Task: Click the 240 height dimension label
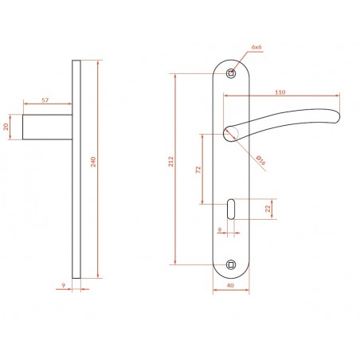pos(93,162)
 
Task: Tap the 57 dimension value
pos(45,100)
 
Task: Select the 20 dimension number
pos(6,127)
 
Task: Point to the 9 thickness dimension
pos(63,286)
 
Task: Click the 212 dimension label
pos(170,162)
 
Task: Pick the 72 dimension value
pos(198,170)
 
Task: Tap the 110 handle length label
pos(280,92)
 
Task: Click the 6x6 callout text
pos(256,47)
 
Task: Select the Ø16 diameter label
pos(261,160)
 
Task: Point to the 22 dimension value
pos(268,209)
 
